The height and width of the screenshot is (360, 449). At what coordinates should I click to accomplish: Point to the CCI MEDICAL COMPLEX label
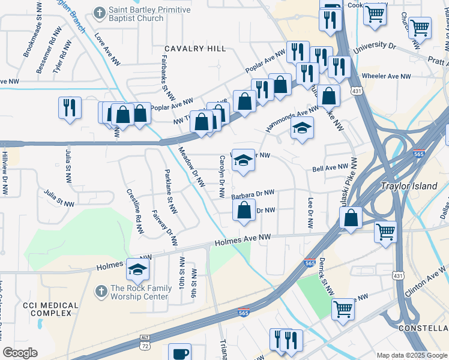click(x=50, y=310)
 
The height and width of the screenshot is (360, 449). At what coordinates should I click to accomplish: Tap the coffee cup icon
click(x=179, y=353)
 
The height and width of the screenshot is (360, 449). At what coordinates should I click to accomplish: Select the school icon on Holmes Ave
click(x=137, y=270)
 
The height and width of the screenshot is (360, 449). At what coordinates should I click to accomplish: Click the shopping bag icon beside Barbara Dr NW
click(x=243, y=211)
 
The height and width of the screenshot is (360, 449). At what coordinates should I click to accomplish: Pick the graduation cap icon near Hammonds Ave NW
click(x=302, y=128)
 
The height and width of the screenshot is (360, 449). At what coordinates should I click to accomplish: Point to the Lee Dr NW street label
click(x=310, y=214)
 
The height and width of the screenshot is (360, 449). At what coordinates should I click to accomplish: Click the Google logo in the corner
click(x=20, y=352)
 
